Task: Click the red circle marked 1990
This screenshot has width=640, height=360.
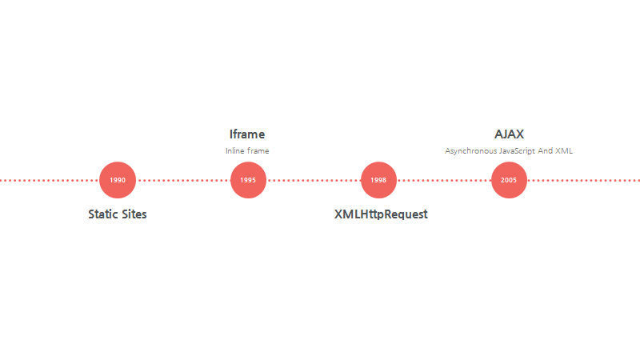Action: (118, 180)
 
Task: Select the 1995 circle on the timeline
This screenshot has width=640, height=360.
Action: (248, 180)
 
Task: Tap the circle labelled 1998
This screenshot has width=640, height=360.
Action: (378, 180)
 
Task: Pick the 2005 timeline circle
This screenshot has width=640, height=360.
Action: (509, 180)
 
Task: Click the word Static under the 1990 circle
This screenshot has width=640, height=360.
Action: (103, 214)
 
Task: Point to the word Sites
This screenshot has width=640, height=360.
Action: (134, 214)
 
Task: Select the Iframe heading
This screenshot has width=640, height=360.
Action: (247, 134)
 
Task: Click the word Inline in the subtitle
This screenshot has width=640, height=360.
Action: (235, 150)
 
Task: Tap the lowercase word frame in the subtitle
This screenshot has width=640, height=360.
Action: (258, 150)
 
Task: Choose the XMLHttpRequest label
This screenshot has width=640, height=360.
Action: (381, 214)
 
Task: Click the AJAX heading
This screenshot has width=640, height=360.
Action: (509, 134)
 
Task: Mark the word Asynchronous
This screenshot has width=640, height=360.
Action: (470, 150)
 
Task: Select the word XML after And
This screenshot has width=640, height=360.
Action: (564, 150)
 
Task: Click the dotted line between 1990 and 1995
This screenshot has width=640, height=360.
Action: (182, 180)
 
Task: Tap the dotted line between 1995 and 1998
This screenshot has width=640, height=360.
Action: (313, 180)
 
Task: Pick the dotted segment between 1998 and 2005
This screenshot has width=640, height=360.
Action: (443, 180)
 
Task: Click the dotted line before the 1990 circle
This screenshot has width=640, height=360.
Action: (48, 180)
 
